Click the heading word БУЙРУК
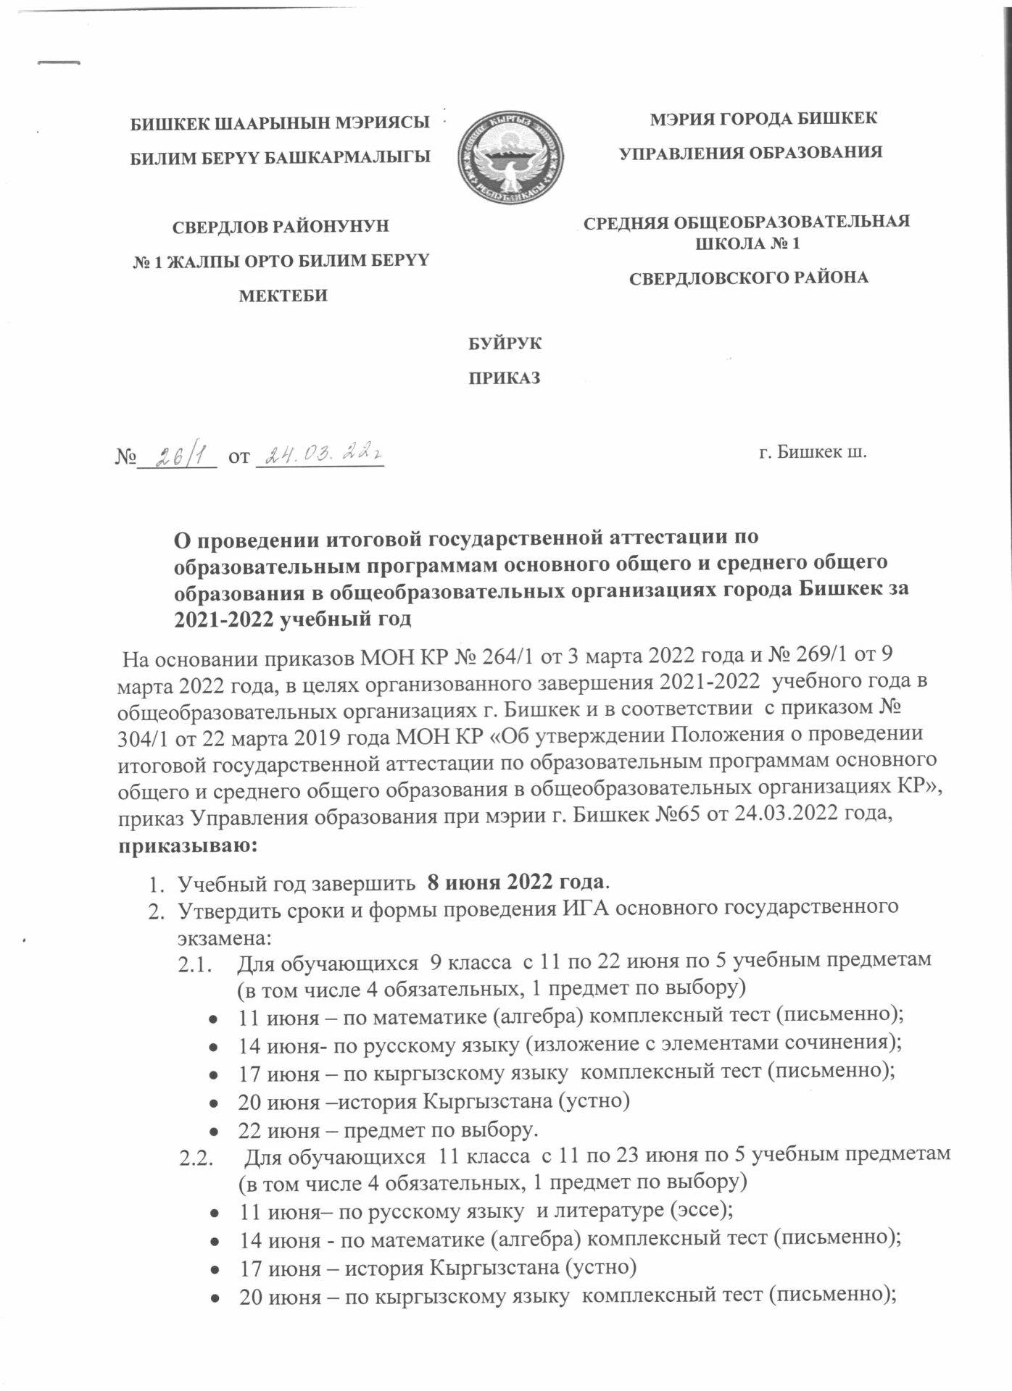click(506, 343)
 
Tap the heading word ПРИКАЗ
click(506, 378)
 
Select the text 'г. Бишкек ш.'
click(812, 454)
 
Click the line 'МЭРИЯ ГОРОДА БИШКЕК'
click(763, 118)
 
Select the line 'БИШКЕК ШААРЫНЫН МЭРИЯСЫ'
click(276, 123)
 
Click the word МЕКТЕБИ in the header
click(283, 295)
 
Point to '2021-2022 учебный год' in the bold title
click(293, 619)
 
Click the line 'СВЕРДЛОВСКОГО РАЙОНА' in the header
click(747, 277)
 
